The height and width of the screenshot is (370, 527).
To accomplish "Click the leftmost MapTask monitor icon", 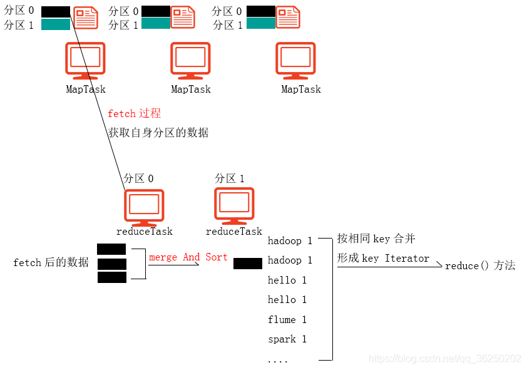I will click(x=85, y=61).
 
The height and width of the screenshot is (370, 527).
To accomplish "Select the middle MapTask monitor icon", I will click(x=190, y=61).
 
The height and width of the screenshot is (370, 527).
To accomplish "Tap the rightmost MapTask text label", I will click(x=301, y=90).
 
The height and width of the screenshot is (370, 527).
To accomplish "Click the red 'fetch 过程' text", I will click(x=134, y=113).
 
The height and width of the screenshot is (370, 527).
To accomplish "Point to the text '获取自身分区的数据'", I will click(x=158, y=133).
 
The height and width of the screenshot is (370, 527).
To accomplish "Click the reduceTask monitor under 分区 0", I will click(x=144, y=207).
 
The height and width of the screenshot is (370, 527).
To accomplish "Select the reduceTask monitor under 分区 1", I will click(x=234, y=206).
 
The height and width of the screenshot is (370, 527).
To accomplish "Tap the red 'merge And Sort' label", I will click(x=188, y=257).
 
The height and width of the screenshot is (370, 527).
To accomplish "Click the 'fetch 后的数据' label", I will click(x=51, y=262).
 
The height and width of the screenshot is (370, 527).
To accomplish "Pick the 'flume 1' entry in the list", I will click(x=287, y=319).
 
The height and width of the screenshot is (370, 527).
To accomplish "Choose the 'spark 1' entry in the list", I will click(x=287, y=339).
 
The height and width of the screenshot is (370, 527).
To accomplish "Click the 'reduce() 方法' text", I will click(x=480, y=265).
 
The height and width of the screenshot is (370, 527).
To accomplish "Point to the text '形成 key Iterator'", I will click(x=383, y=258).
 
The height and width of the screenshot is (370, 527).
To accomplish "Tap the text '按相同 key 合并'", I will click(x=376, y=239).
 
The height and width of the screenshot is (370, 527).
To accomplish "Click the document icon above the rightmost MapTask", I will click(x=288, y=17).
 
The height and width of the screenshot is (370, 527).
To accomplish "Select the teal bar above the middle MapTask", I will click(x=156, y=24).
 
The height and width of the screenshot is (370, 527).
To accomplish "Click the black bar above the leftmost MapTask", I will click(x=56, y=11).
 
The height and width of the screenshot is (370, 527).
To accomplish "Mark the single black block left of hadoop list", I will click(x=248, y=264).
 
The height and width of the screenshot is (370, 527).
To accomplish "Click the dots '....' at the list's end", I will click(x=277, y=361).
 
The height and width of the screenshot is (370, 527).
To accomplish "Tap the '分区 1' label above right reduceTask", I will click(x=230, y=178).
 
